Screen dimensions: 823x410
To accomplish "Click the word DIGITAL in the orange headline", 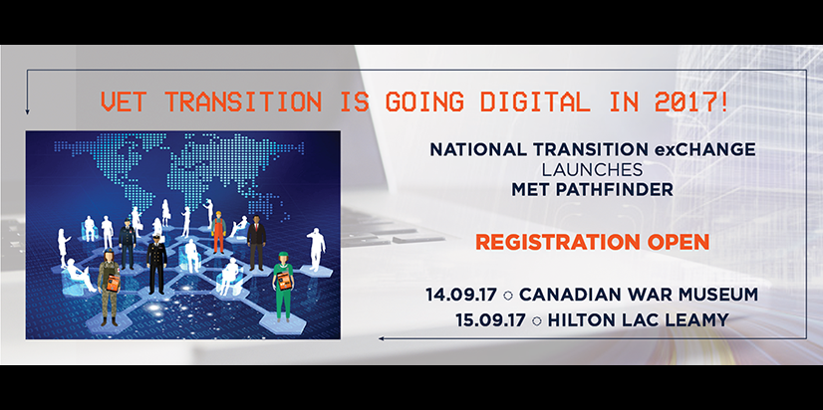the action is coord(535,102).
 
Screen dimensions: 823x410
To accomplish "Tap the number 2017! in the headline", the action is coord(690,102).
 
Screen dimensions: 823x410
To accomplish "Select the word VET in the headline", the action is coord(123,102).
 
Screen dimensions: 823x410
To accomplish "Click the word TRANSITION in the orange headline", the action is coord(242,102).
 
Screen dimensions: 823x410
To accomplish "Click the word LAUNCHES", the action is coord(593,170).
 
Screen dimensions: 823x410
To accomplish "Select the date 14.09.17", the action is coord(461,295).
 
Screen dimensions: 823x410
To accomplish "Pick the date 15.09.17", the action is coord(490,319).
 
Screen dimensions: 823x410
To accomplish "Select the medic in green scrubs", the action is coord(282,286).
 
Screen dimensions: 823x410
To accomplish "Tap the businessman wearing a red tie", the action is coord(256,243).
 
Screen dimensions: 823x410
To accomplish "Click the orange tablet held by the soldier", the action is coord(114,284).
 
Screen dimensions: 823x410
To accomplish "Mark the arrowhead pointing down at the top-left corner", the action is coord(27,111).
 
